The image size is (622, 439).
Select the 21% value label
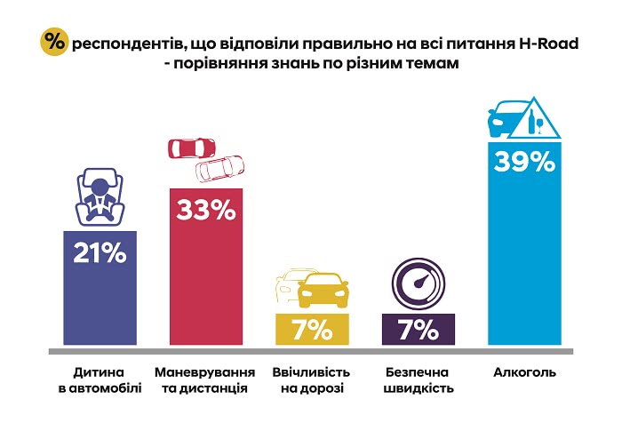point(99,253)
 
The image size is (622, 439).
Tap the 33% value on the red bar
point(205,211)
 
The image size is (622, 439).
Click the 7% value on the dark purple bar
point(418,329)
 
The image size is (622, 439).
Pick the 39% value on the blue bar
point(525,163)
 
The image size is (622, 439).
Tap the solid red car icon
point(194,148)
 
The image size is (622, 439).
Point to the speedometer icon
point(418,283)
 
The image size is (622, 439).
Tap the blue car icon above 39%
point(508,119)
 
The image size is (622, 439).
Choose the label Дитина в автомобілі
point(99,380)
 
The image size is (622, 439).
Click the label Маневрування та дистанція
point(205,380)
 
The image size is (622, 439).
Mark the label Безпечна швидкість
point(418,380)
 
